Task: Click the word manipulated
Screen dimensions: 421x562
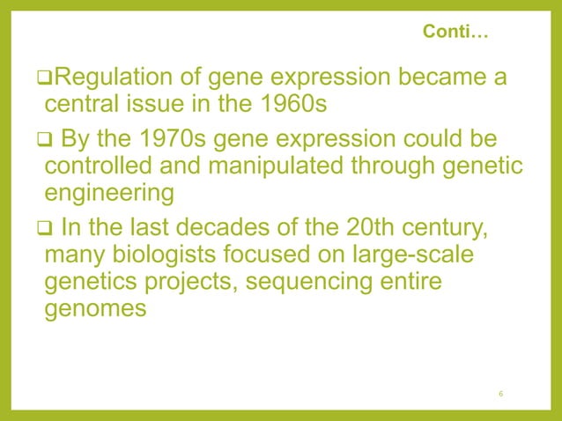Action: [x=285, y=166]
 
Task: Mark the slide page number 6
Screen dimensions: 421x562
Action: [x=500, y=393]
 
